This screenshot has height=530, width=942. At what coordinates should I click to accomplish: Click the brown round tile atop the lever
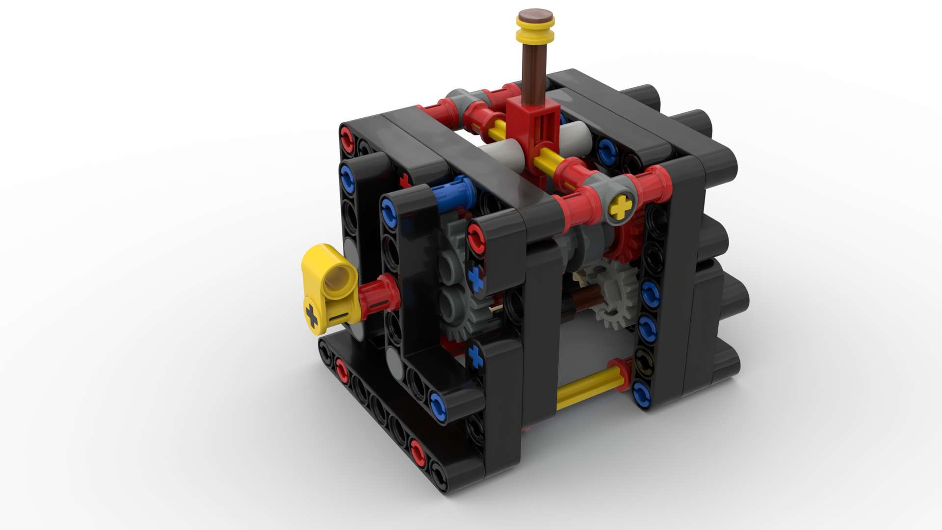pos(535,16)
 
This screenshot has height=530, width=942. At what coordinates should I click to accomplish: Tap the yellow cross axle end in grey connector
pos(621,207)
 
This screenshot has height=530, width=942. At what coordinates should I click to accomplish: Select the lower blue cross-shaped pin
pos(474,355)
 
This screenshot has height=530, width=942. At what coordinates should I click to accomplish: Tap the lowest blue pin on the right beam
pos(640,393)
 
